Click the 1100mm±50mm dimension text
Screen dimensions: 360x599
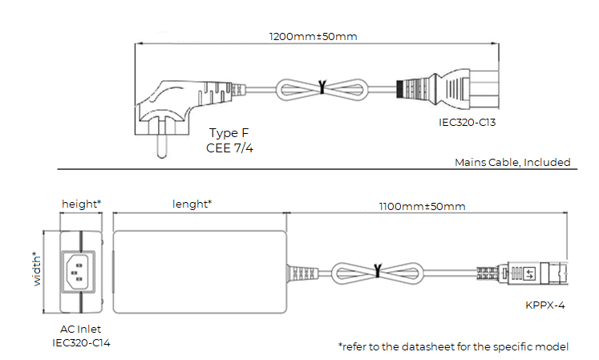click(x=422, y=206)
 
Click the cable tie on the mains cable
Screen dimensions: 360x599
click(x=322, y=87)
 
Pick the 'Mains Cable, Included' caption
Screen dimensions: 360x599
click(x=512, y=162)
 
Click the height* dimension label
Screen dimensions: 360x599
click(x=81, y=204)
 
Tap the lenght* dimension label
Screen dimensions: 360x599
click(x=192, y=204)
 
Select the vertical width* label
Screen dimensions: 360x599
click(x=37, y=269)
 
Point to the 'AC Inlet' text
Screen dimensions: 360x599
click(x=80, y=330)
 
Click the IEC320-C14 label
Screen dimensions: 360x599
click(x=80, y=342)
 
